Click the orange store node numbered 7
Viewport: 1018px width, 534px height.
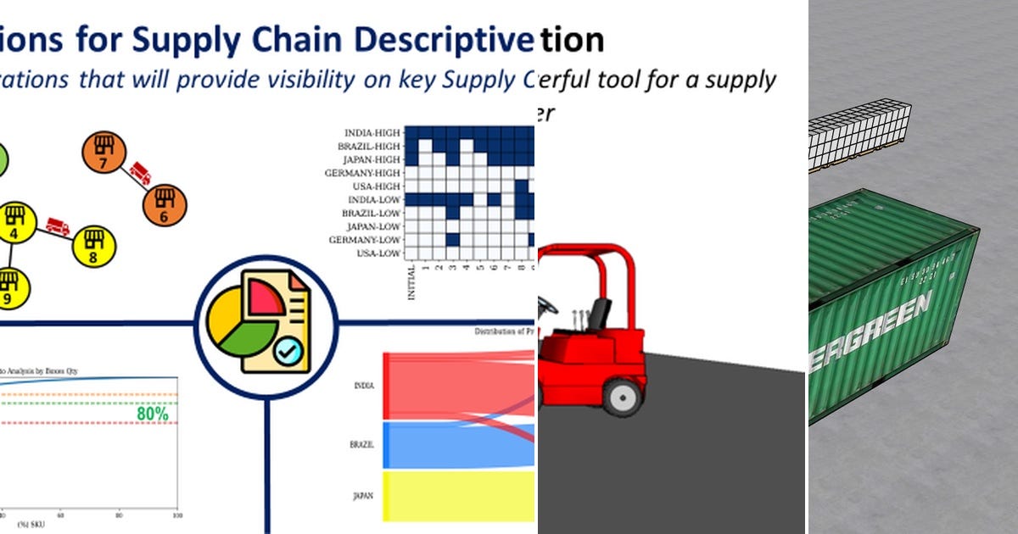103,153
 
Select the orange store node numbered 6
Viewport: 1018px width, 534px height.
165,206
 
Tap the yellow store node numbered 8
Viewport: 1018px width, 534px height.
93,245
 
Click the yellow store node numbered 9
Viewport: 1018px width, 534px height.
8,288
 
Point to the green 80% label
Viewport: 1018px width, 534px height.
152,414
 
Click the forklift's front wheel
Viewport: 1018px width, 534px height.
623,395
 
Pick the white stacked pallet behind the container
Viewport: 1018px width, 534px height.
858,136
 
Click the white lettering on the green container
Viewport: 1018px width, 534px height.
875,330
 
